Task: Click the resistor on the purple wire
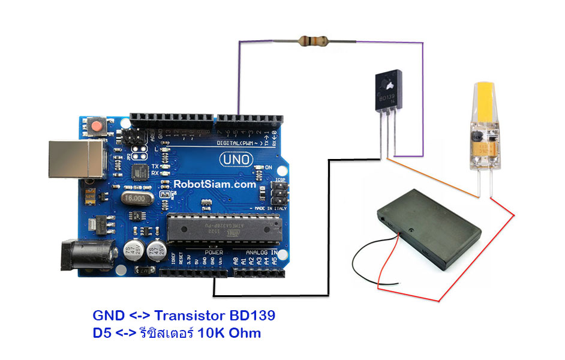pyautogui.click(x=312, y=41)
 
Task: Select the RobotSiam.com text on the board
pyautogui.click(x=215, y=185)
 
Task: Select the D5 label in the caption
pyautogui.click(x=102, y=332)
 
